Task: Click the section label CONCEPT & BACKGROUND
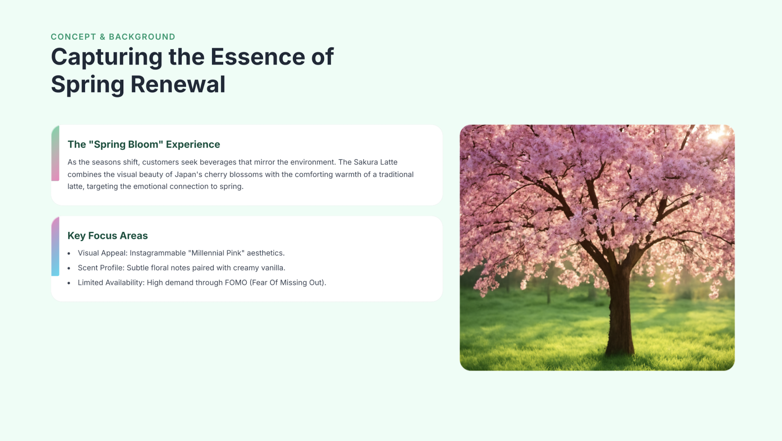(x=113, y=37)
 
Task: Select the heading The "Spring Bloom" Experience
(x=143, y=144)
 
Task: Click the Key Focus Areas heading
(x=107, y=235)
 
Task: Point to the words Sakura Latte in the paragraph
(x=375, y=162)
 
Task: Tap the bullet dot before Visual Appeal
(x=69, y=253)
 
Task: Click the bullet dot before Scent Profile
(x=69, y=268)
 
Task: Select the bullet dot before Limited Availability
(x=69, y=283)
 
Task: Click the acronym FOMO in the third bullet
(x=236, y=283)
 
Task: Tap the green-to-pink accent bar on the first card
(x=55, y=153)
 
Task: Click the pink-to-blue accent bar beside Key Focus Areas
(x=55, y=246)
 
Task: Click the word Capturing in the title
(x=107, y=57)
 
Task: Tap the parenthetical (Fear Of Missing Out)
(x=288, y=283)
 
